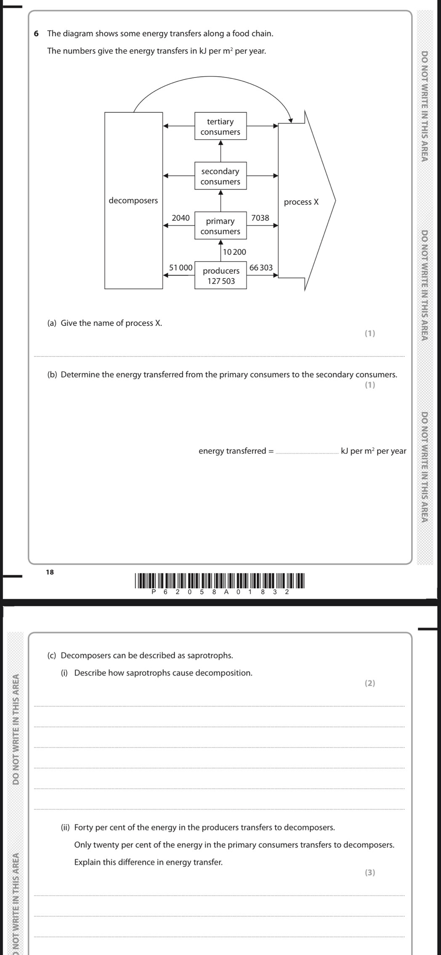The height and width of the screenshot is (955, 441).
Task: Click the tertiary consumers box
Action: [220, 126]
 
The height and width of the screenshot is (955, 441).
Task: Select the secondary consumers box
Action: [220, 176]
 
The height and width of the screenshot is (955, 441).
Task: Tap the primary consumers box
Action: [220, 226]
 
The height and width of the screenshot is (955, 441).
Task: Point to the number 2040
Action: [181, 218]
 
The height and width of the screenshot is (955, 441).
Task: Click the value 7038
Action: [260, 218]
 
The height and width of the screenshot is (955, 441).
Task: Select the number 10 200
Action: [234, 252]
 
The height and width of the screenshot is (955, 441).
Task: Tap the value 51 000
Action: [181, 267]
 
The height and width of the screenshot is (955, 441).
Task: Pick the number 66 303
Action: [261, 267]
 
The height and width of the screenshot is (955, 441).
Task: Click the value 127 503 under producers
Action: [221, 281]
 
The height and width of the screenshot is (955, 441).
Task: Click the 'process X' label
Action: [301, 202]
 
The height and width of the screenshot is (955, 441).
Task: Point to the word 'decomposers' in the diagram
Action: [133, 200]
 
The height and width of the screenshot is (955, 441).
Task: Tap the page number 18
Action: [50, 572]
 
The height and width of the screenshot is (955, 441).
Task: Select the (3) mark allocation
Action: [370, 872]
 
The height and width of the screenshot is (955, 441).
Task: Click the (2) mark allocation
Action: [370, 683]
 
